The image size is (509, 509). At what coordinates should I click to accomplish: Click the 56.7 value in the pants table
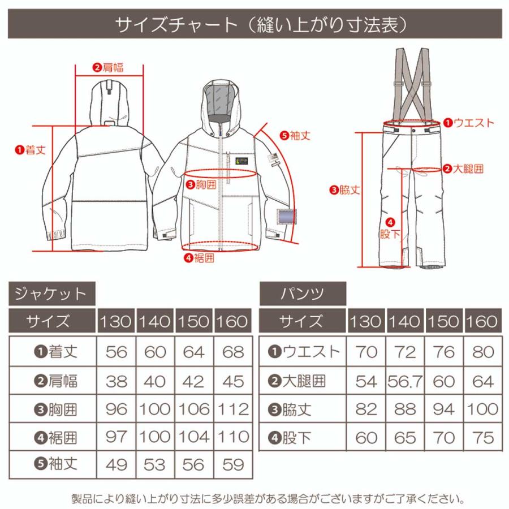point(406,381)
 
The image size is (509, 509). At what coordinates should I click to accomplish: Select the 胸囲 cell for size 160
point(232,409)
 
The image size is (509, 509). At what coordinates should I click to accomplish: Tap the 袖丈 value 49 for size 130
point(116,465)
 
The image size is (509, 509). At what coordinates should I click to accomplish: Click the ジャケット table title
point(50,294)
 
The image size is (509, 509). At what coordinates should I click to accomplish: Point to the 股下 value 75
point(482,437)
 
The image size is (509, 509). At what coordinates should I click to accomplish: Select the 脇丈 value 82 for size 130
point(366,409)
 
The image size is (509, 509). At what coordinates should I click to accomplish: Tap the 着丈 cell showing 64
point(194,352)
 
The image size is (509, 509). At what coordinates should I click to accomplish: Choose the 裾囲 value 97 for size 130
point(116,437)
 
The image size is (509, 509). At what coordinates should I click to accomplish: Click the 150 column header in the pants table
point(445,322)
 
